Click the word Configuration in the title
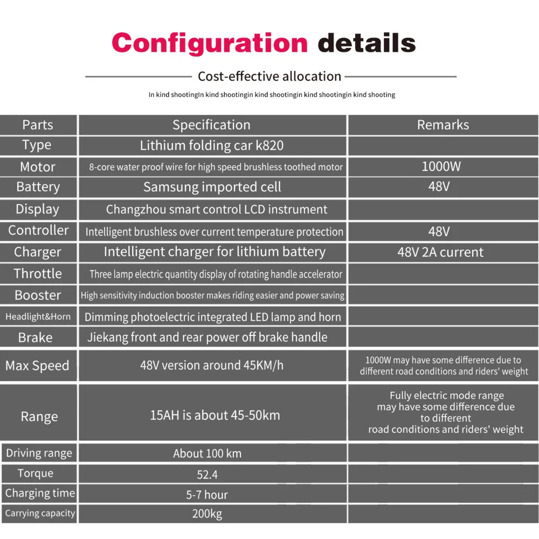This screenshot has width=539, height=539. (x=209, y=43)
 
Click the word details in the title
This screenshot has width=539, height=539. (x=367, y=43)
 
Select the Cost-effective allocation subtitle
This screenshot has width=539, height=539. (x=269, y=77)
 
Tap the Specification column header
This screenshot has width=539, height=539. (x=211, y=125)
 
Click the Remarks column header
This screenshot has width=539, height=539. (x=443, y=125)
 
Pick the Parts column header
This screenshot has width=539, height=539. (x=38, y=125)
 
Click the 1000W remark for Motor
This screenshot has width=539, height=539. (x=441, y=166)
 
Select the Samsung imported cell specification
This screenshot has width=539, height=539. (x=212, y=187)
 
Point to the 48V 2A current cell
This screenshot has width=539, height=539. (x=440, y=252)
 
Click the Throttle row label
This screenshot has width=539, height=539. (x=38, y=273)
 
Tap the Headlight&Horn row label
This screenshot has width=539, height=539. (x=38, y=316)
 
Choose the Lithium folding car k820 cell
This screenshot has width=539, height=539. (x=211, y=146)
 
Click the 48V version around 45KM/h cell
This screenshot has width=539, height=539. (x=212, y=365)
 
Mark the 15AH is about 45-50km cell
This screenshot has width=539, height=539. (x=215, y=416)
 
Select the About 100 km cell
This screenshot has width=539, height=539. (x=207, y=453)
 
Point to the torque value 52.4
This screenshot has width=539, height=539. (x=207, y=474)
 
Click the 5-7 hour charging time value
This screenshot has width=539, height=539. (x=207, y=494)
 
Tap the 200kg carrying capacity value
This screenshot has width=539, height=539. (x=207, y=514)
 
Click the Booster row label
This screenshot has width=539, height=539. (x=38, y=295)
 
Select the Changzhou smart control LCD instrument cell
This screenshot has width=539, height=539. (x=217, y=209)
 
